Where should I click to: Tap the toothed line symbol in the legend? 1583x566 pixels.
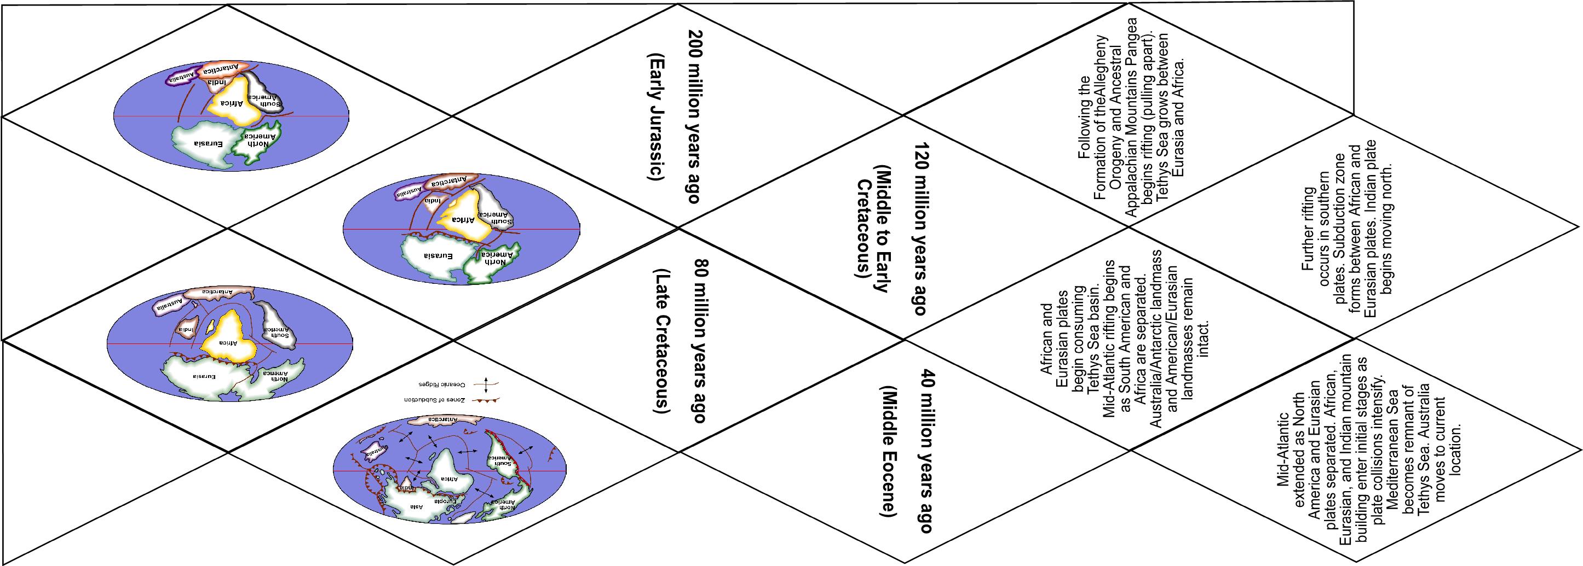point(486,400)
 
